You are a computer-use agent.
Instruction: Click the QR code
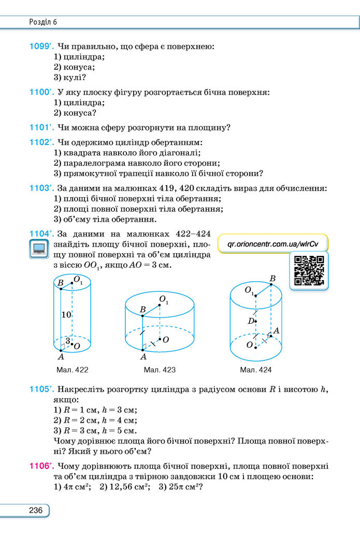pyautogui.click(x=309, y=270)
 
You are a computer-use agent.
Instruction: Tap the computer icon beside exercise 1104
pyautogui.click(x=39, y=249)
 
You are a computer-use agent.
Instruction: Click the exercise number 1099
pyautogui.click(x=40, y=46)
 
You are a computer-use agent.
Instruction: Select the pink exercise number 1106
pyautogui.click(x=40, y=466)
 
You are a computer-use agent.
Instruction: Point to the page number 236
pyautogui.click(x=36, y=510)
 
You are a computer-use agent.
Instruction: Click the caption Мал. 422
pyautogui.click(x=73, y=370)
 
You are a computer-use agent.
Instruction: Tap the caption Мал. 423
pyautogui.click(x=160, y=370)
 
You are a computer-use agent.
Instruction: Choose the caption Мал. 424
pyautogui.click(x=256, y=370)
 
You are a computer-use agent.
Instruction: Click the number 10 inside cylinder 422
pyautogui.click(x=66, y=315)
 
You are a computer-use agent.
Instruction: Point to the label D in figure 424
pyautogui.click(x=251, y=321)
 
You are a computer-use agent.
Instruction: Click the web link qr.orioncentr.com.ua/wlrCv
pyautogui.click(x=272, y=244)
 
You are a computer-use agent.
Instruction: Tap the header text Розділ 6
pyautogui.click(x=43, y=22)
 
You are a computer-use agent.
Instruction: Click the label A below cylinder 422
pyautogui.click(x=61, y=356)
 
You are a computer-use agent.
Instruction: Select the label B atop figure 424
pyautogui.click(x=272, y=279)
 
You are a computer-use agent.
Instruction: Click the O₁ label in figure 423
pyautogui.click(x=164, y=299)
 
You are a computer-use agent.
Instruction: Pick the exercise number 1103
pyautogui.click(x=40, y=188)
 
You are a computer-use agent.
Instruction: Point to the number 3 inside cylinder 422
pyautogui.click(x=68, y=341)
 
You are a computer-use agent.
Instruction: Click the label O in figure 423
pyautogui.click(x=166, y=340)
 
